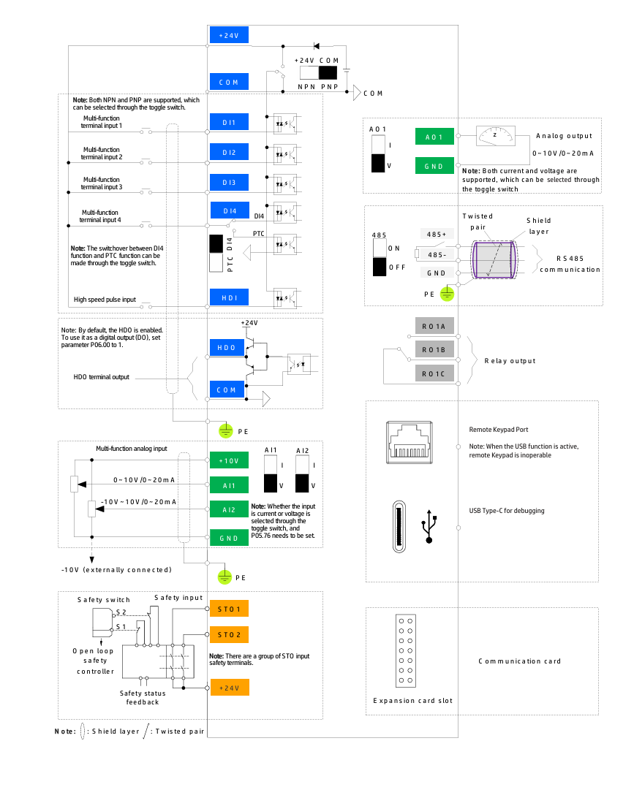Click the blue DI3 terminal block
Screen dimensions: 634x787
[x=229, y=182]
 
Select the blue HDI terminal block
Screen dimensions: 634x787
[x=229, y=297]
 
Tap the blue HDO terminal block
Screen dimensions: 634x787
[x=227, y=347]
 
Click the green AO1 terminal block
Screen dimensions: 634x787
[x=434, y=137]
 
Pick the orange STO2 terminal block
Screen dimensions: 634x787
[x=229, y=634]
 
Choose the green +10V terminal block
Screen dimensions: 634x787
[x=229, y=460]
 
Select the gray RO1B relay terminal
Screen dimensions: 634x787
[x=434, y=349]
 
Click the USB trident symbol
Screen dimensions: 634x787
[x=429, y=526]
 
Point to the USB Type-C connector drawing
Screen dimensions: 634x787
[x=399, y=527]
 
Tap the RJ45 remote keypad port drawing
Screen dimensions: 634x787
[x=410, y=442]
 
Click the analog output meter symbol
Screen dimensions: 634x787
[x=495, y=135]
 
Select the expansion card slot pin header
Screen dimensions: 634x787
[x=405, y=650]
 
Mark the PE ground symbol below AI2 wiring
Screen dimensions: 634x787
[x=224, y=577]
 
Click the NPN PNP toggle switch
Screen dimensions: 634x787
[x=319, y=73]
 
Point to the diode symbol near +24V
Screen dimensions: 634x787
[x=317, y=46]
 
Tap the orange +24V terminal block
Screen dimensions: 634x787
[x=229, y=688]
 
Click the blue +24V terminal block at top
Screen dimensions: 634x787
[x=229, y=35]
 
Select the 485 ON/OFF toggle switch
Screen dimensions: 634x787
[x=380, y=257]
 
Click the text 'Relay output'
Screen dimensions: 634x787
[x=510, y=361]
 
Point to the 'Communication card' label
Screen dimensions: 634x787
[x=519, y=661]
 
